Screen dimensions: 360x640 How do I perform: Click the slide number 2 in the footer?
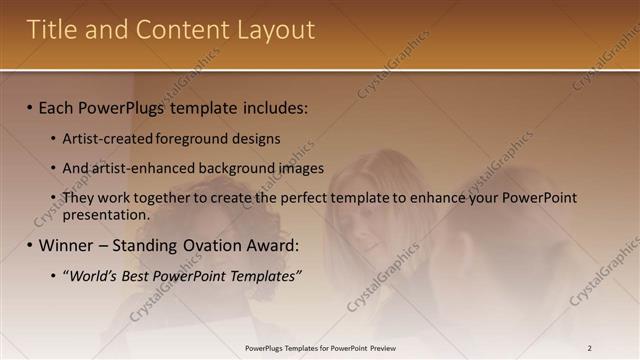tap(589, 348)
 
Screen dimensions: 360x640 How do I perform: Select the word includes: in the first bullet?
tap(272, 107)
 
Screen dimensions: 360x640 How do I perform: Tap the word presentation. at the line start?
tap(106, 214)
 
